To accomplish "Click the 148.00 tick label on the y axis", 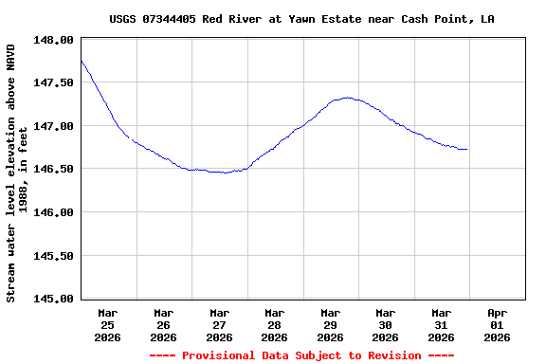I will (x=54, y=40).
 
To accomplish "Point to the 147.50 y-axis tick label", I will (x=54, y=82).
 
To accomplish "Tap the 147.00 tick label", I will (x=54, y=126).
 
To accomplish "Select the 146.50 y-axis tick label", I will (x=54, y=169).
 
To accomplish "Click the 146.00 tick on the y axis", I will (x=54, y=212).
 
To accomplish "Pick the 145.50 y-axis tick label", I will (x=54, y=255).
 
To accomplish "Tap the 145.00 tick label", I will (x=54, y=299).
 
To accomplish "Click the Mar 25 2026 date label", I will (x=108, y=324).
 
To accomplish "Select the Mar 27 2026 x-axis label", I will (x=219, y=324).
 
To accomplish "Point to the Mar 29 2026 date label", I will (x=330, y=324).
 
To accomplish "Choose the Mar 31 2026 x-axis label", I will (x=441, y=324).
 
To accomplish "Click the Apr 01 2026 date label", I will (x=497, y=324).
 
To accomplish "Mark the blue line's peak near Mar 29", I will (x=348, y=97).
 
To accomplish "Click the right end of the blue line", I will (x=467, y=149).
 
